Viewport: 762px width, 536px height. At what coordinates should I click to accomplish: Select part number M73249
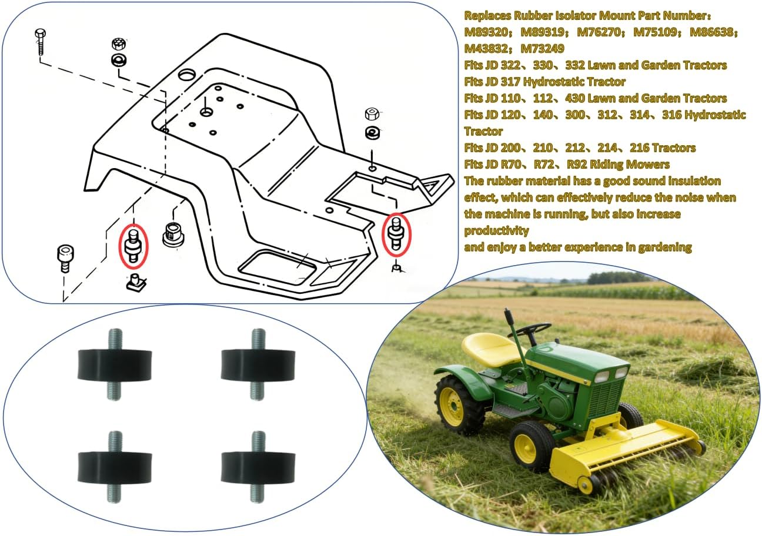coord(542,49)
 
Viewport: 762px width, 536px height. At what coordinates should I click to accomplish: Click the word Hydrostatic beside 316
coord(715,115)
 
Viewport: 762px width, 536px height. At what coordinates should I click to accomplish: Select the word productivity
coord(496,231)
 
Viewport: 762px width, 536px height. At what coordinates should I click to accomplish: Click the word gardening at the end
coord(665,247)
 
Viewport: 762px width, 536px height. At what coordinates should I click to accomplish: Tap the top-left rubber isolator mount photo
coord(115,364)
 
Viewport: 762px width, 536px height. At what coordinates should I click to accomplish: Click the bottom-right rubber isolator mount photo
coord(258,467)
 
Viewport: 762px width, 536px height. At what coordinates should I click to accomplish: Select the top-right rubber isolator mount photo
coord(258,364)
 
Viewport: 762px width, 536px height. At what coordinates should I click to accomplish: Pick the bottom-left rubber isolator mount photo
coord(115,467)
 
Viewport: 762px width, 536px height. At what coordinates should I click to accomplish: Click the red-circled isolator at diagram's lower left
coord(133,247)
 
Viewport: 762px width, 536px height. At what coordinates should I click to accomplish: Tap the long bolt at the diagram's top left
coord(40,42)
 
